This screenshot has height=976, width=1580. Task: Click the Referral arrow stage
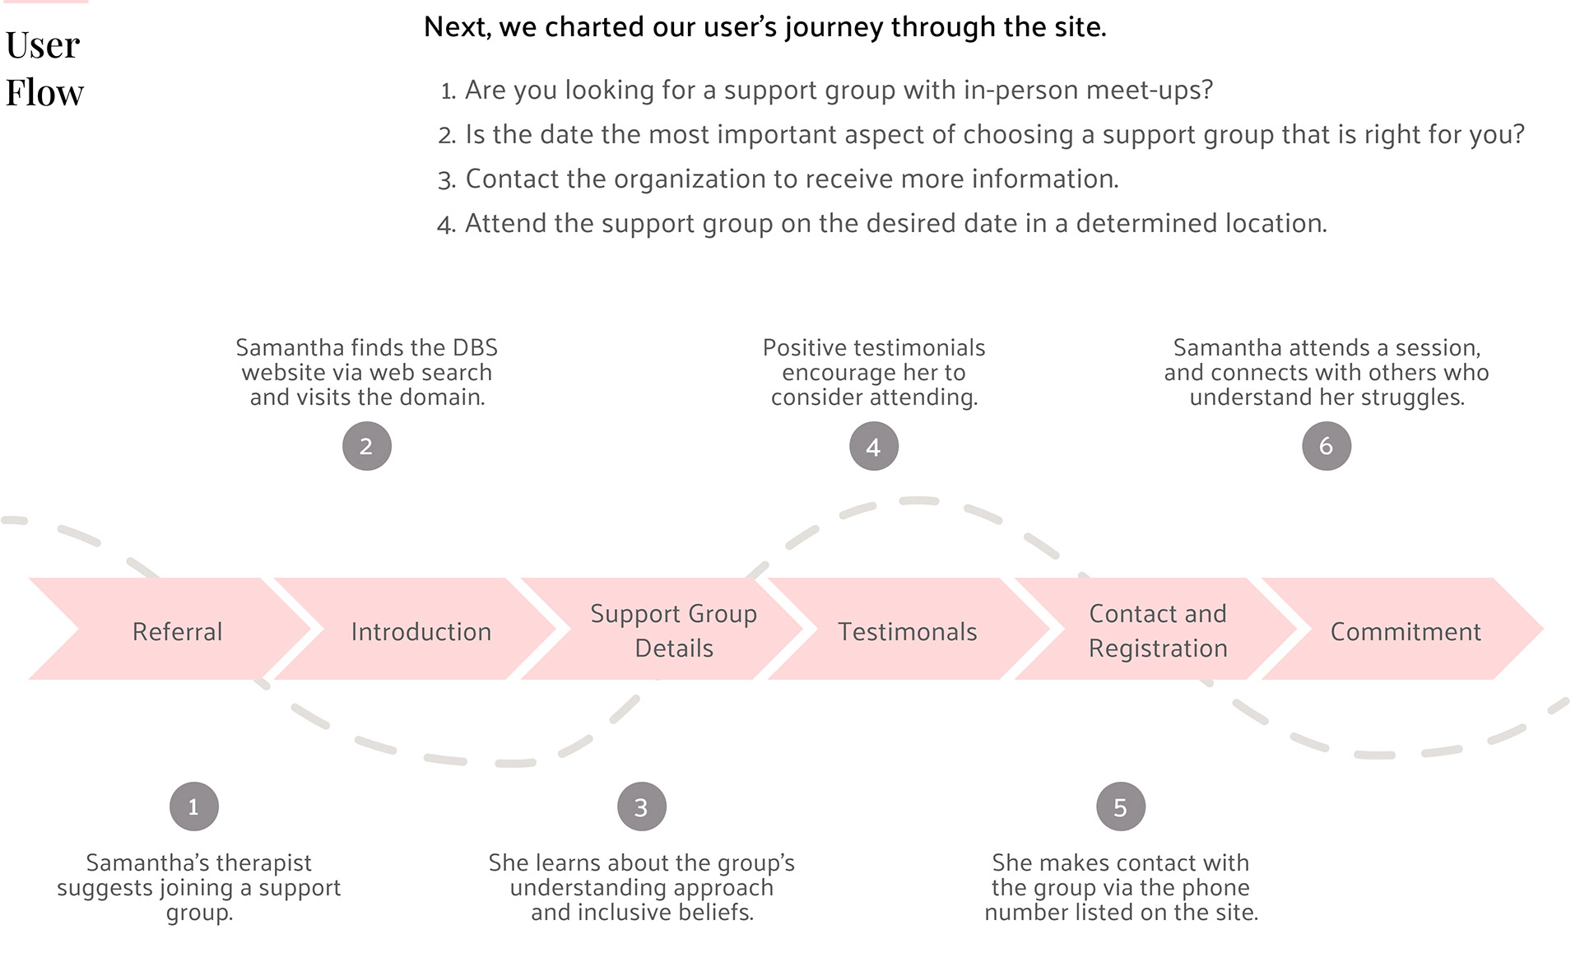click(177, 631)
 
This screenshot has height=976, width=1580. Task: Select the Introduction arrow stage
click(421, 631)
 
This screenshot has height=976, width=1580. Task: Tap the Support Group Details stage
click(673, 630)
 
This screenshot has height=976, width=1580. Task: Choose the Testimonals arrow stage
click(907, 631)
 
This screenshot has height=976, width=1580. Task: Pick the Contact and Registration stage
click(1157, 630)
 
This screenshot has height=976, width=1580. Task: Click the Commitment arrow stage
click(1405, 631)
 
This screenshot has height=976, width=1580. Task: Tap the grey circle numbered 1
click(193, 806)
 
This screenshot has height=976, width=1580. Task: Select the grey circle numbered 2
click(366, 446)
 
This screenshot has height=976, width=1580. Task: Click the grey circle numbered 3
click(641, 807)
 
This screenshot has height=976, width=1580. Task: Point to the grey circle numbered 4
click(873, 447)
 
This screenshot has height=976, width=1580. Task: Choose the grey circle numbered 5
click(1120, 807)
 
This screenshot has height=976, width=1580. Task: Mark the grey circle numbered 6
click(1326, 446)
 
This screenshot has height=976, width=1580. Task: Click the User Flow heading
click(44, 68)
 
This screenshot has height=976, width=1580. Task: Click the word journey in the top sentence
click(834, 28)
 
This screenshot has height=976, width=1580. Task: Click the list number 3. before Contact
click(446, 180)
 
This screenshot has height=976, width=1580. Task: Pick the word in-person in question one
click(1020, 90)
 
